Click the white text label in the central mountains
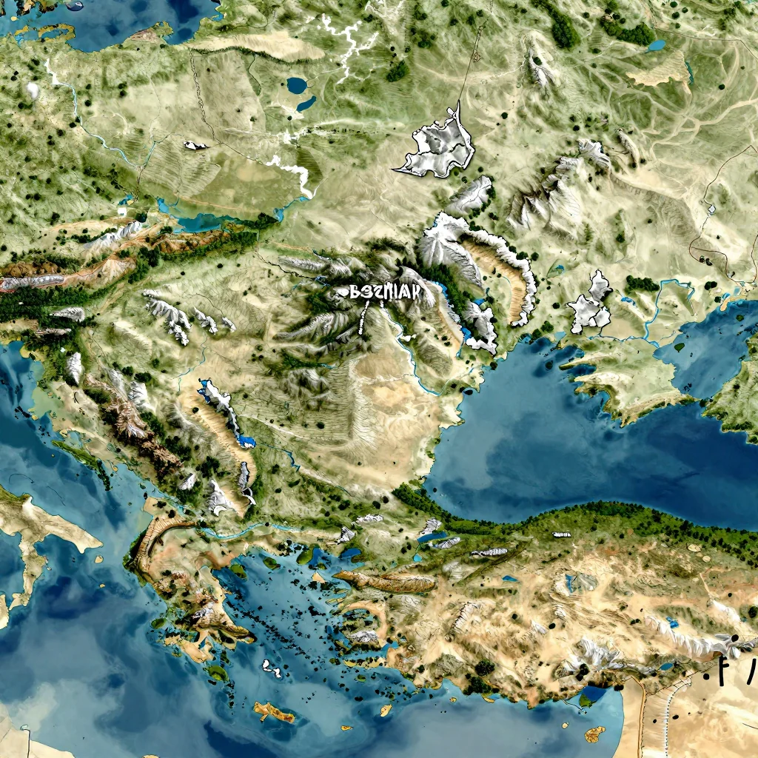pos(385,292)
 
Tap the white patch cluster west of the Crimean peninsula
pos(591,305)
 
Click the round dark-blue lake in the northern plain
pos(298,85)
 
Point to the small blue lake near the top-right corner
pos(657,45)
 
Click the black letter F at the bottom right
pos(721,670)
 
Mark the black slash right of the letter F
pos(749,670)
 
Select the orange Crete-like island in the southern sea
pos(275,713)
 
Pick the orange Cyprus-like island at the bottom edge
pos(594,734)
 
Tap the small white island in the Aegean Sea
pos(272,669)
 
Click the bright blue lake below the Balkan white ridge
pos(246,442)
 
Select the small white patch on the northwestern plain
pos(195,146)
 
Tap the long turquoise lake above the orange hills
pos(191,221)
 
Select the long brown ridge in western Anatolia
pos(385,583)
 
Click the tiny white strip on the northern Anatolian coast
pos(562,534)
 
